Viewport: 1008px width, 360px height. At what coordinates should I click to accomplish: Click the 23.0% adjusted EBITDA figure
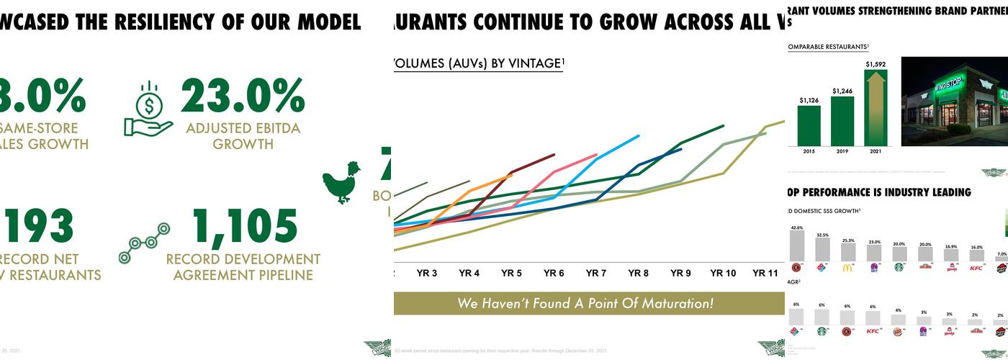tap(243, 96)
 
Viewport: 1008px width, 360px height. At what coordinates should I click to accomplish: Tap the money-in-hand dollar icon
tap(148, 108)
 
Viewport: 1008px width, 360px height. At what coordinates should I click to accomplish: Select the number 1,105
tap(246, 227)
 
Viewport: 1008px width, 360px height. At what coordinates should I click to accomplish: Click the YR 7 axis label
tap(595, 274)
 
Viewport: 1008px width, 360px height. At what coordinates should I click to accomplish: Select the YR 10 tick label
tap(722, 274)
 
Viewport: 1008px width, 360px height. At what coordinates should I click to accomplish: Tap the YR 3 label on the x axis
tap(426, 274)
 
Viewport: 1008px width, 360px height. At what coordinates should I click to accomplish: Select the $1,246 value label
tap(842, 91)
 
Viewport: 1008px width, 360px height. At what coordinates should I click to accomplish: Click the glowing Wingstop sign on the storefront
tap(949, 87)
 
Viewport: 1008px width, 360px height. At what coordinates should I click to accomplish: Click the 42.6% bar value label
tap(796, 228)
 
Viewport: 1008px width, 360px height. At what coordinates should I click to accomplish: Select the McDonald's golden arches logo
tap(847, 268)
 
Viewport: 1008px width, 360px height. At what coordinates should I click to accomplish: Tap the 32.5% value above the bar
tap(822, 235)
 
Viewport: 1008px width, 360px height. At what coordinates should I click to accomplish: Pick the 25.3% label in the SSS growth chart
tap(847, 240)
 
